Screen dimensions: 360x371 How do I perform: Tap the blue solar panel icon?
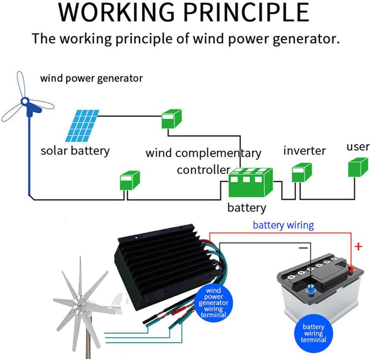[82, 125]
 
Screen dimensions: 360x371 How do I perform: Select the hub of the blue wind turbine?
[25, 101]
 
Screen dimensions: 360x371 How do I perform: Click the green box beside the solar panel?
[172, 118]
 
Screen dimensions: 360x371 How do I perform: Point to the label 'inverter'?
[304, 151]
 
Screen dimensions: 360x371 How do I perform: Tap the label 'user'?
[358, 147]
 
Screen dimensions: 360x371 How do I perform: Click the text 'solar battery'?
[75, 150]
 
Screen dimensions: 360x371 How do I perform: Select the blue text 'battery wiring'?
[283, 225]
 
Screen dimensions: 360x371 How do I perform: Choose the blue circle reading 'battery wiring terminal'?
[313, 333]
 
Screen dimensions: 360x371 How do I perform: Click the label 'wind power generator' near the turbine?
[91, 79]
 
